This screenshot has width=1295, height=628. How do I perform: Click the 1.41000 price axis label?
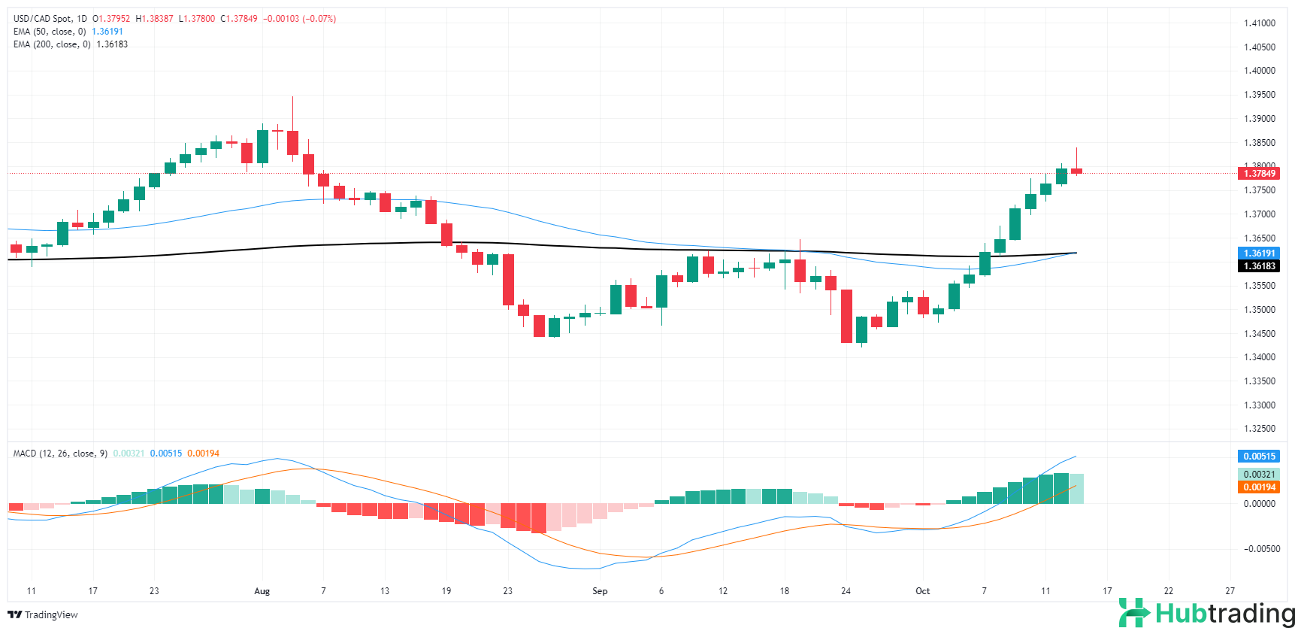click(x=1259, y=23)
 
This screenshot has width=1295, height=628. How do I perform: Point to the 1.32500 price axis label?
click(x=1259, y=429)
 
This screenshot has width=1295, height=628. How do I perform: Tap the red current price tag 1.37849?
click(x=1259, y=174)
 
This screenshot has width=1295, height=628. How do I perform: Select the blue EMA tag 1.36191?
click(x=1259, y=253)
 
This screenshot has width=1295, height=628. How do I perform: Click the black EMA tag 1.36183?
click(x=1259, y=266)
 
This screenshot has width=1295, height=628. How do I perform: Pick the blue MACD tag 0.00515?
click(x=1259, y=457)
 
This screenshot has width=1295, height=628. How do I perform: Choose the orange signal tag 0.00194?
click(x=1259, y=487)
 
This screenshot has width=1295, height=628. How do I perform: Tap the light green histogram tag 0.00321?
click(x=1259, y=475)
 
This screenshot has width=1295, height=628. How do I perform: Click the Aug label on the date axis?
click(x=262, y=591)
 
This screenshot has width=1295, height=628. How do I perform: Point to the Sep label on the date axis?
click(x=600, y=591)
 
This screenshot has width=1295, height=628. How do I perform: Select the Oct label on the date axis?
click(x=922, y=591)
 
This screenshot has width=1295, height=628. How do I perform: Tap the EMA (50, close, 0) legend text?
click(x=50, y=32)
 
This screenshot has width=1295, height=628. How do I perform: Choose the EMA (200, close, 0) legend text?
click(x=52, y=44)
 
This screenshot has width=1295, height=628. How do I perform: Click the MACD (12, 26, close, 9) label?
click(x=60, y=454)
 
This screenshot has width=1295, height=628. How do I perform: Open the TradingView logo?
click(x=43, y=615)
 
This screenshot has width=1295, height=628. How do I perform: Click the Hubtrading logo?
click(x=1206, y=613)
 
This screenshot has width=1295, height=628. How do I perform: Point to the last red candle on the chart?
click(x=1076, y=171)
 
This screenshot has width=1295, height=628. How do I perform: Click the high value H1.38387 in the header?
click(x=154, y=19)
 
